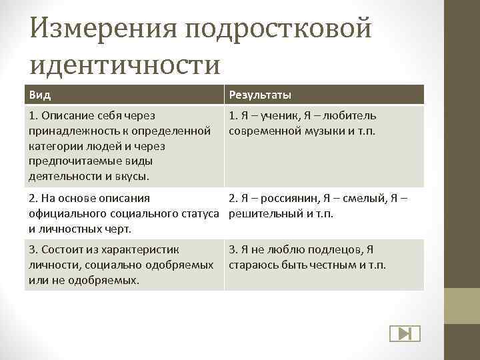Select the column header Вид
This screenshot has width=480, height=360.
39,95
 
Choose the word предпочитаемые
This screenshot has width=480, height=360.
73,161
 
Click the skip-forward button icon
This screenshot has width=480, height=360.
403,335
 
